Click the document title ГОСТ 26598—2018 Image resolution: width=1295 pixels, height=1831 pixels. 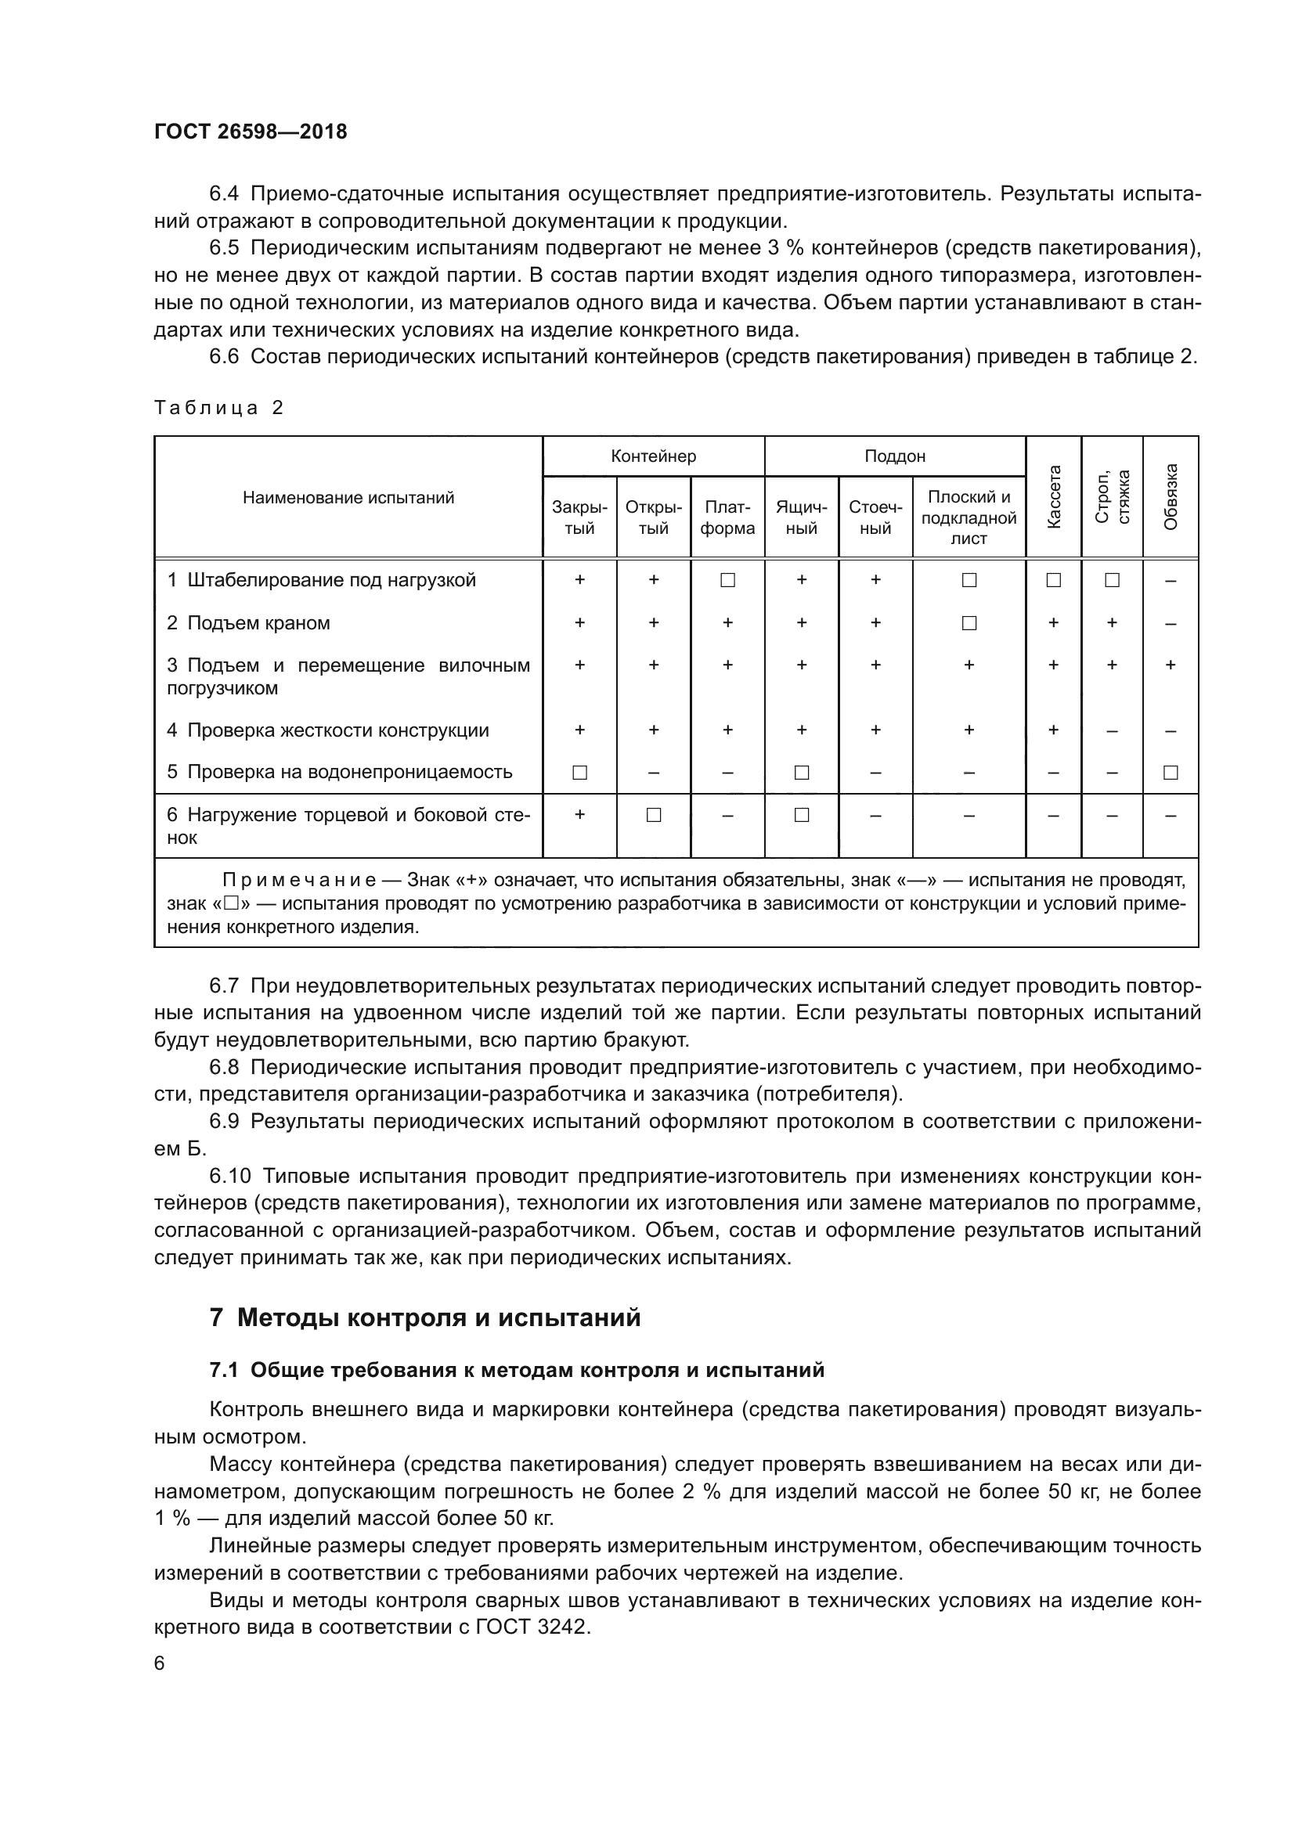[251, 132]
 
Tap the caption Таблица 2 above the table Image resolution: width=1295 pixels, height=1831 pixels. [218, 408]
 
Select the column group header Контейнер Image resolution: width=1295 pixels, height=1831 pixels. [653, 456]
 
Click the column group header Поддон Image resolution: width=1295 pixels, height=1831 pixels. [895, 456]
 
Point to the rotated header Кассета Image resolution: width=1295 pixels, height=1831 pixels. [1053, 496]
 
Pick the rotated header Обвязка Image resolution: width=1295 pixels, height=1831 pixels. [1171, 496]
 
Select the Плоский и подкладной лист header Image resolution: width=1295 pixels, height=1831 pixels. [969, 517]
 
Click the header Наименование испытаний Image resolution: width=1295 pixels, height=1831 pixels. [348, 498]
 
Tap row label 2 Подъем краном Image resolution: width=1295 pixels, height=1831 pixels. [248, 623]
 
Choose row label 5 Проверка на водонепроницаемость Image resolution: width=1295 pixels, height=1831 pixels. [339, 772]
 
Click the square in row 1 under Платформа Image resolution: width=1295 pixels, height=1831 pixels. [727, 581]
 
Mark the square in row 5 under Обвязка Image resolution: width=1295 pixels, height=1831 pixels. [1171, 772]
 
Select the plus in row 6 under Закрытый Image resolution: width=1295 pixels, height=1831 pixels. [579, 815]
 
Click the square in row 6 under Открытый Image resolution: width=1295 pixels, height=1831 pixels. [653, 815]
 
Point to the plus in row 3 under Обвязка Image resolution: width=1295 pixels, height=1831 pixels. [1171, 665]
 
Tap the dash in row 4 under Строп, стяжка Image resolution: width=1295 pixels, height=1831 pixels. [1112, 730]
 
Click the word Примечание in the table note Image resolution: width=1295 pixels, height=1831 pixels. [299, 881]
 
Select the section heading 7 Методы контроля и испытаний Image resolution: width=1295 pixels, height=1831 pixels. [425, 1339]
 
